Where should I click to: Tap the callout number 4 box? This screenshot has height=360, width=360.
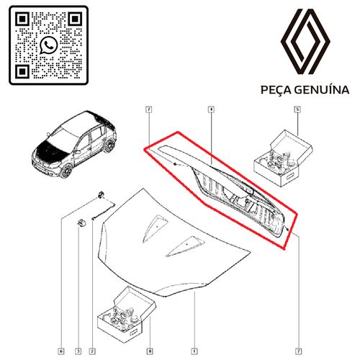point(211,110)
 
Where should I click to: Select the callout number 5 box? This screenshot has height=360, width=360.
point(297,110)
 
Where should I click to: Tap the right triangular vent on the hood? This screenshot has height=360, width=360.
point(181,246)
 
